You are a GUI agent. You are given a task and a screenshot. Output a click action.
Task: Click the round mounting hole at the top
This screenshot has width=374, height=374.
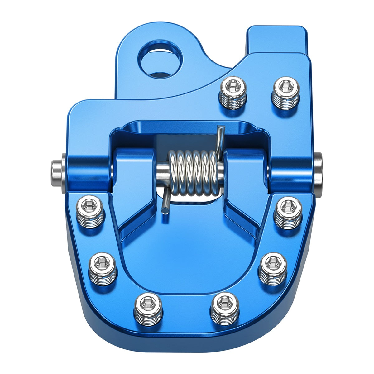point(160,59)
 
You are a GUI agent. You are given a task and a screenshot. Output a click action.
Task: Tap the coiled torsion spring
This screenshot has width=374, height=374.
point(193,173)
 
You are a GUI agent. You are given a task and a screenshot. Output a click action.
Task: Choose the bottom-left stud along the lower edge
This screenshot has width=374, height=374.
point(148,309)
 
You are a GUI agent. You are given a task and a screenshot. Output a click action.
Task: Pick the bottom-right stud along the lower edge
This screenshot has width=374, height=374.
point(225,309)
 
